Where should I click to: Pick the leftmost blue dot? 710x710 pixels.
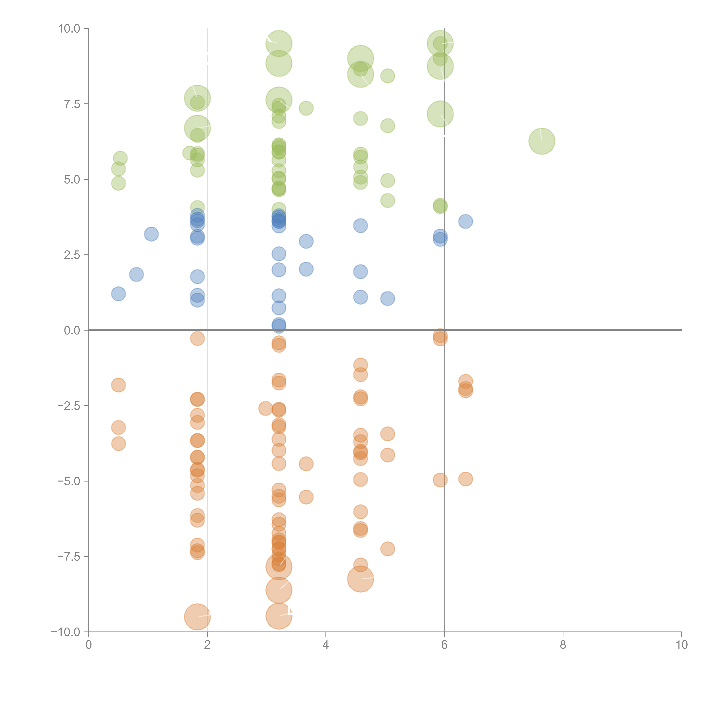coord(118,294)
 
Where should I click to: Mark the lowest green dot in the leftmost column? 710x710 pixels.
coord(118,183)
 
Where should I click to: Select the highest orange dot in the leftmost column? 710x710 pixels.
coord(118,385)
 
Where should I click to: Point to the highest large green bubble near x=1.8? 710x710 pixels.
coord(197,98)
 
